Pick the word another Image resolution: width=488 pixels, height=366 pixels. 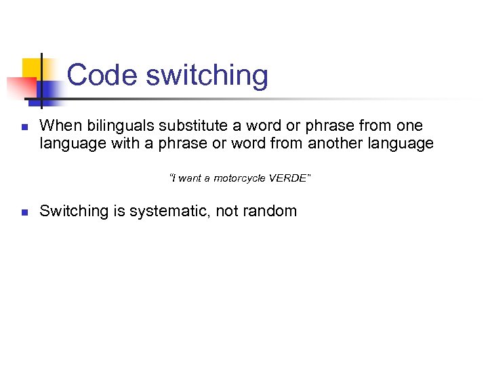pos(337,144)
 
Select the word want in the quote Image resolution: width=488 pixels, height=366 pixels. pos(190,178)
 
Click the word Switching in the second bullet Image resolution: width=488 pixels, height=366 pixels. pos(73,211)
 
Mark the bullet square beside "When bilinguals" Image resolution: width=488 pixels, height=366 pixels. pos(23,127)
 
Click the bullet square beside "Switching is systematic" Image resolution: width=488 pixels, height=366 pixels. pos(23,212)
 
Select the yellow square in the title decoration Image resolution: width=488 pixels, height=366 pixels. pos(32,68)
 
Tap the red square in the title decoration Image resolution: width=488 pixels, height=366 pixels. pos(20,87)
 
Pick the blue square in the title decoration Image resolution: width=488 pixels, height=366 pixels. pos(49,89)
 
